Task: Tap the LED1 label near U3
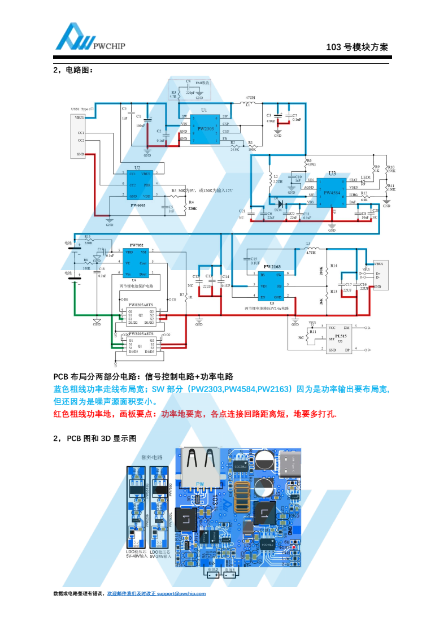click(366, 177)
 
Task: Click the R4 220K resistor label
click(192, 205)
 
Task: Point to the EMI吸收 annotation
click(202, 82)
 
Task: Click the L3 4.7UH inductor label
click(310, 249)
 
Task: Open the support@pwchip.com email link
click(181, 593)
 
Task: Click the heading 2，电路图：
click(73, 70)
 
